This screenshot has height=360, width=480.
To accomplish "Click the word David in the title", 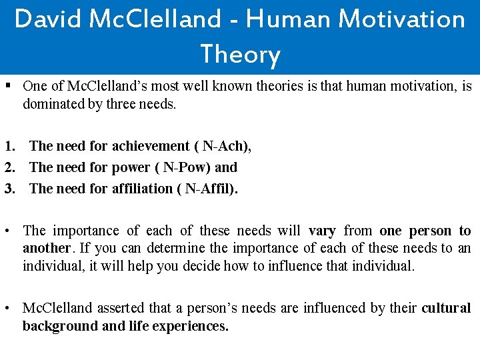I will pos(44,19).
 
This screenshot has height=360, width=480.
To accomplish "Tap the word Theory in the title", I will pos(240,54).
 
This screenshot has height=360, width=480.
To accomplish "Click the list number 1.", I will pos(9,146).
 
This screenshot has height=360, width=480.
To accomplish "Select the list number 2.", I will pos(9,167).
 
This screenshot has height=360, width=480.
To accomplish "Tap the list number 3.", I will pos(9,189).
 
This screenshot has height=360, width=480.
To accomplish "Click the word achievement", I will pos(151,146).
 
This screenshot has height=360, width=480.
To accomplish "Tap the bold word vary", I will pos(322,231).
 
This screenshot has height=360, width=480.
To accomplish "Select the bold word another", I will pos(46,248).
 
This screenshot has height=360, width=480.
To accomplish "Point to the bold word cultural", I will pos(446,308).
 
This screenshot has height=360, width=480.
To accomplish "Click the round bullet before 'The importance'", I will pos(7,231).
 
